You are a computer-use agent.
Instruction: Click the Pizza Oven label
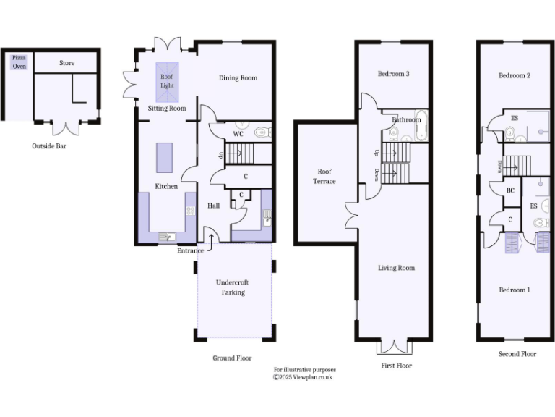tap(18, 62)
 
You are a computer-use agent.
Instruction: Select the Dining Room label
tap(238, 77)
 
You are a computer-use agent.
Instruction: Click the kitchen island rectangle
tap(165, 157)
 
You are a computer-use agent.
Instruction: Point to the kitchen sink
tap(165, 236)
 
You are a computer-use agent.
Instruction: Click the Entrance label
tap(191, 250)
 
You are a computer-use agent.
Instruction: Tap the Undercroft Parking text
tap(233, 287)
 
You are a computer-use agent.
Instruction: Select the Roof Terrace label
tap(324, 176)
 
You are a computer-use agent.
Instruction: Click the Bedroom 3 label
tap(393, 74)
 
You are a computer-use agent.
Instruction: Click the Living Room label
tap(396, 268)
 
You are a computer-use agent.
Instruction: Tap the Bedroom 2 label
tap(515, 75)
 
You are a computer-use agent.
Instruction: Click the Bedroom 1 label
tap(514, 290)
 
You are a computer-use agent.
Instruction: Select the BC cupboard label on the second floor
tap(509, 190)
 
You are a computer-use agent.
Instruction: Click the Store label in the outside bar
tap(66, 63)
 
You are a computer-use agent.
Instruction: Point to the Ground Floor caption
tap(232, 358)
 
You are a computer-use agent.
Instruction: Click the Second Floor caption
tap(517, 354)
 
